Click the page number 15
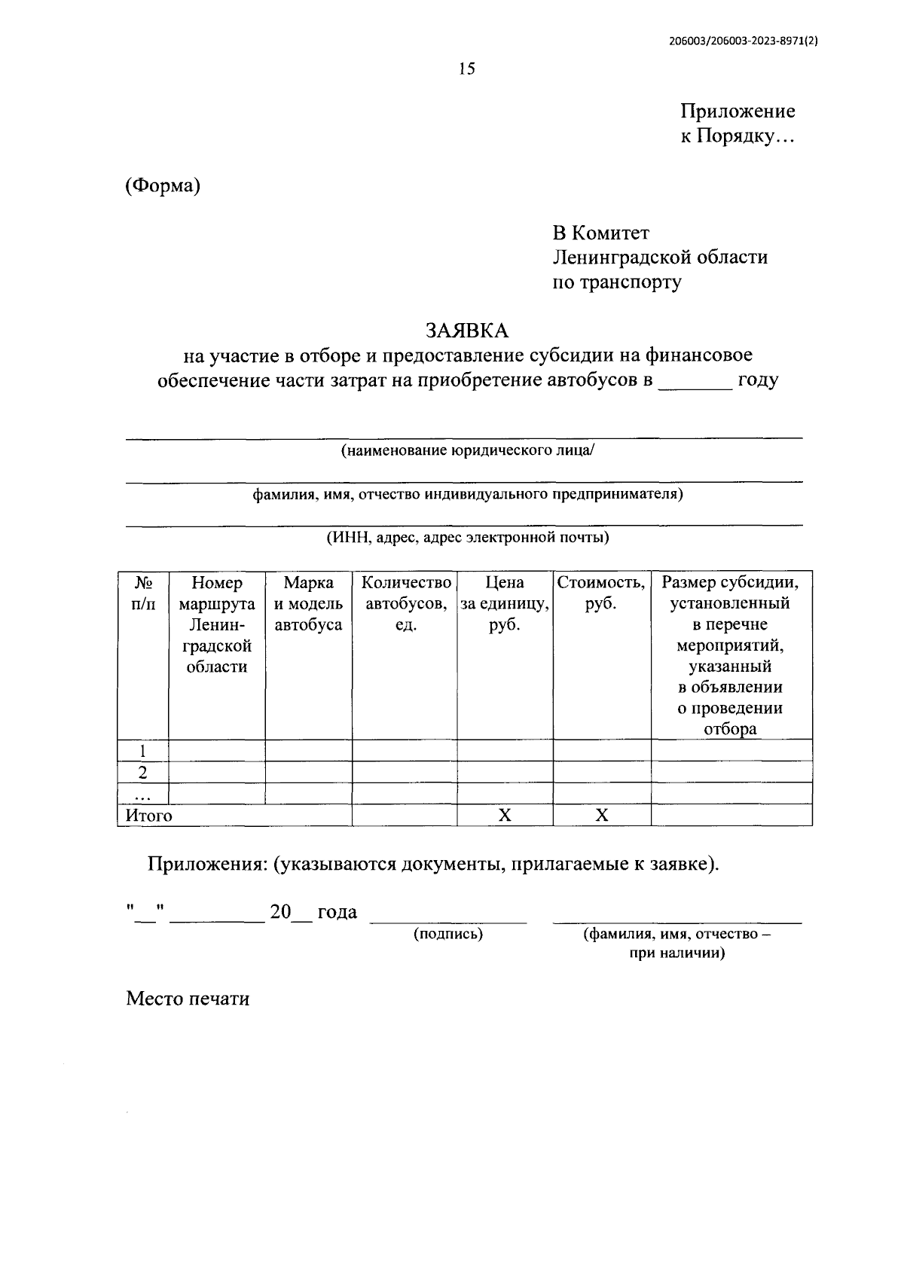tap(467, 69)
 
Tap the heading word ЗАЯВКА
tap(467, 331)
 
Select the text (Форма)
tap(163, 185)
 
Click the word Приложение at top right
tap(738, 111)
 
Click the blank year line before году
tap(695, 381)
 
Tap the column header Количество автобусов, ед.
tap(406, 603)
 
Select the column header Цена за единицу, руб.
tap(505, 603)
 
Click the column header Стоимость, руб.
tap(601, 593)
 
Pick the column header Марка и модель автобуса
tap(309, 603)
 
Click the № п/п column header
tap(143, 593)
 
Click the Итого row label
tap(149, 815)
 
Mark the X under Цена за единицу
tap(505, 815)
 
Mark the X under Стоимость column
tap(601, 815)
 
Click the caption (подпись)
tap(448, 934)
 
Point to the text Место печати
tap(188, 999)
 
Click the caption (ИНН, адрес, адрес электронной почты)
tap(467, 538)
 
